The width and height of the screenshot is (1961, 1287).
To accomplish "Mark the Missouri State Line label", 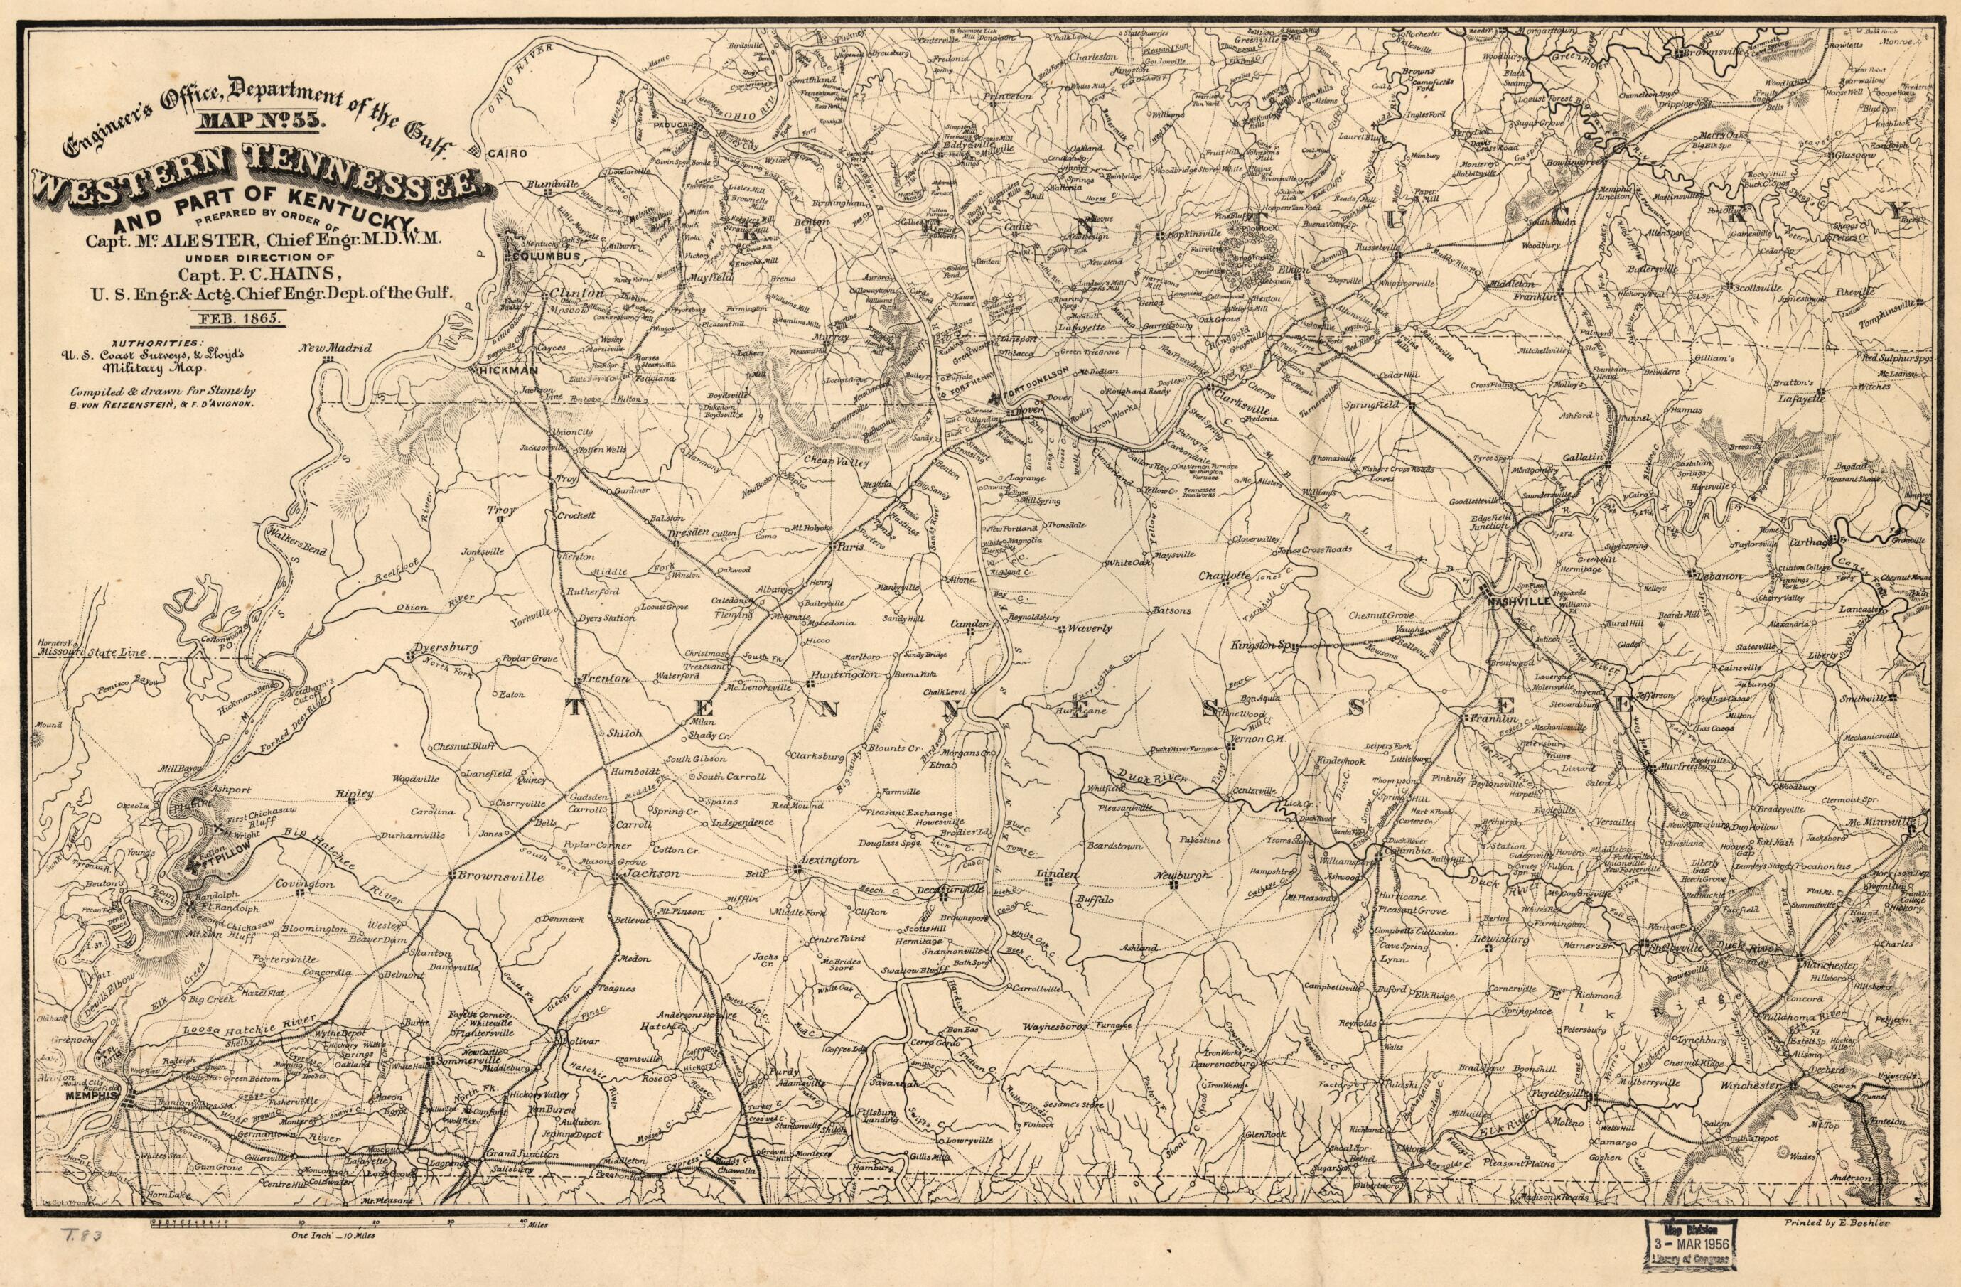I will (x=92, y=652).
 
